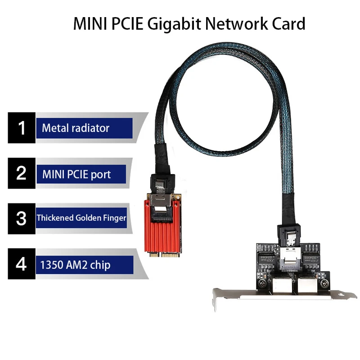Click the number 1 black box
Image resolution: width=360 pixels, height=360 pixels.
coord(21,128)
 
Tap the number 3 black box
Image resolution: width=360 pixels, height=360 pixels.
coord(21,219)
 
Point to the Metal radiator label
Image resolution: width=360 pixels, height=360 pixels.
coord(76,128)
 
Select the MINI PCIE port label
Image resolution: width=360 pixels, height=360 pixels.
coord(76,174)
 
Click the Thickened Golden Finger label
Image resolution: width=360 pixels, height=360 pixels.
coord(81,219)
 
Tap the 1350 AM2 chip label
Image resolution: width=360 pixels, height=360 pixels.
coord(76,265)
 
